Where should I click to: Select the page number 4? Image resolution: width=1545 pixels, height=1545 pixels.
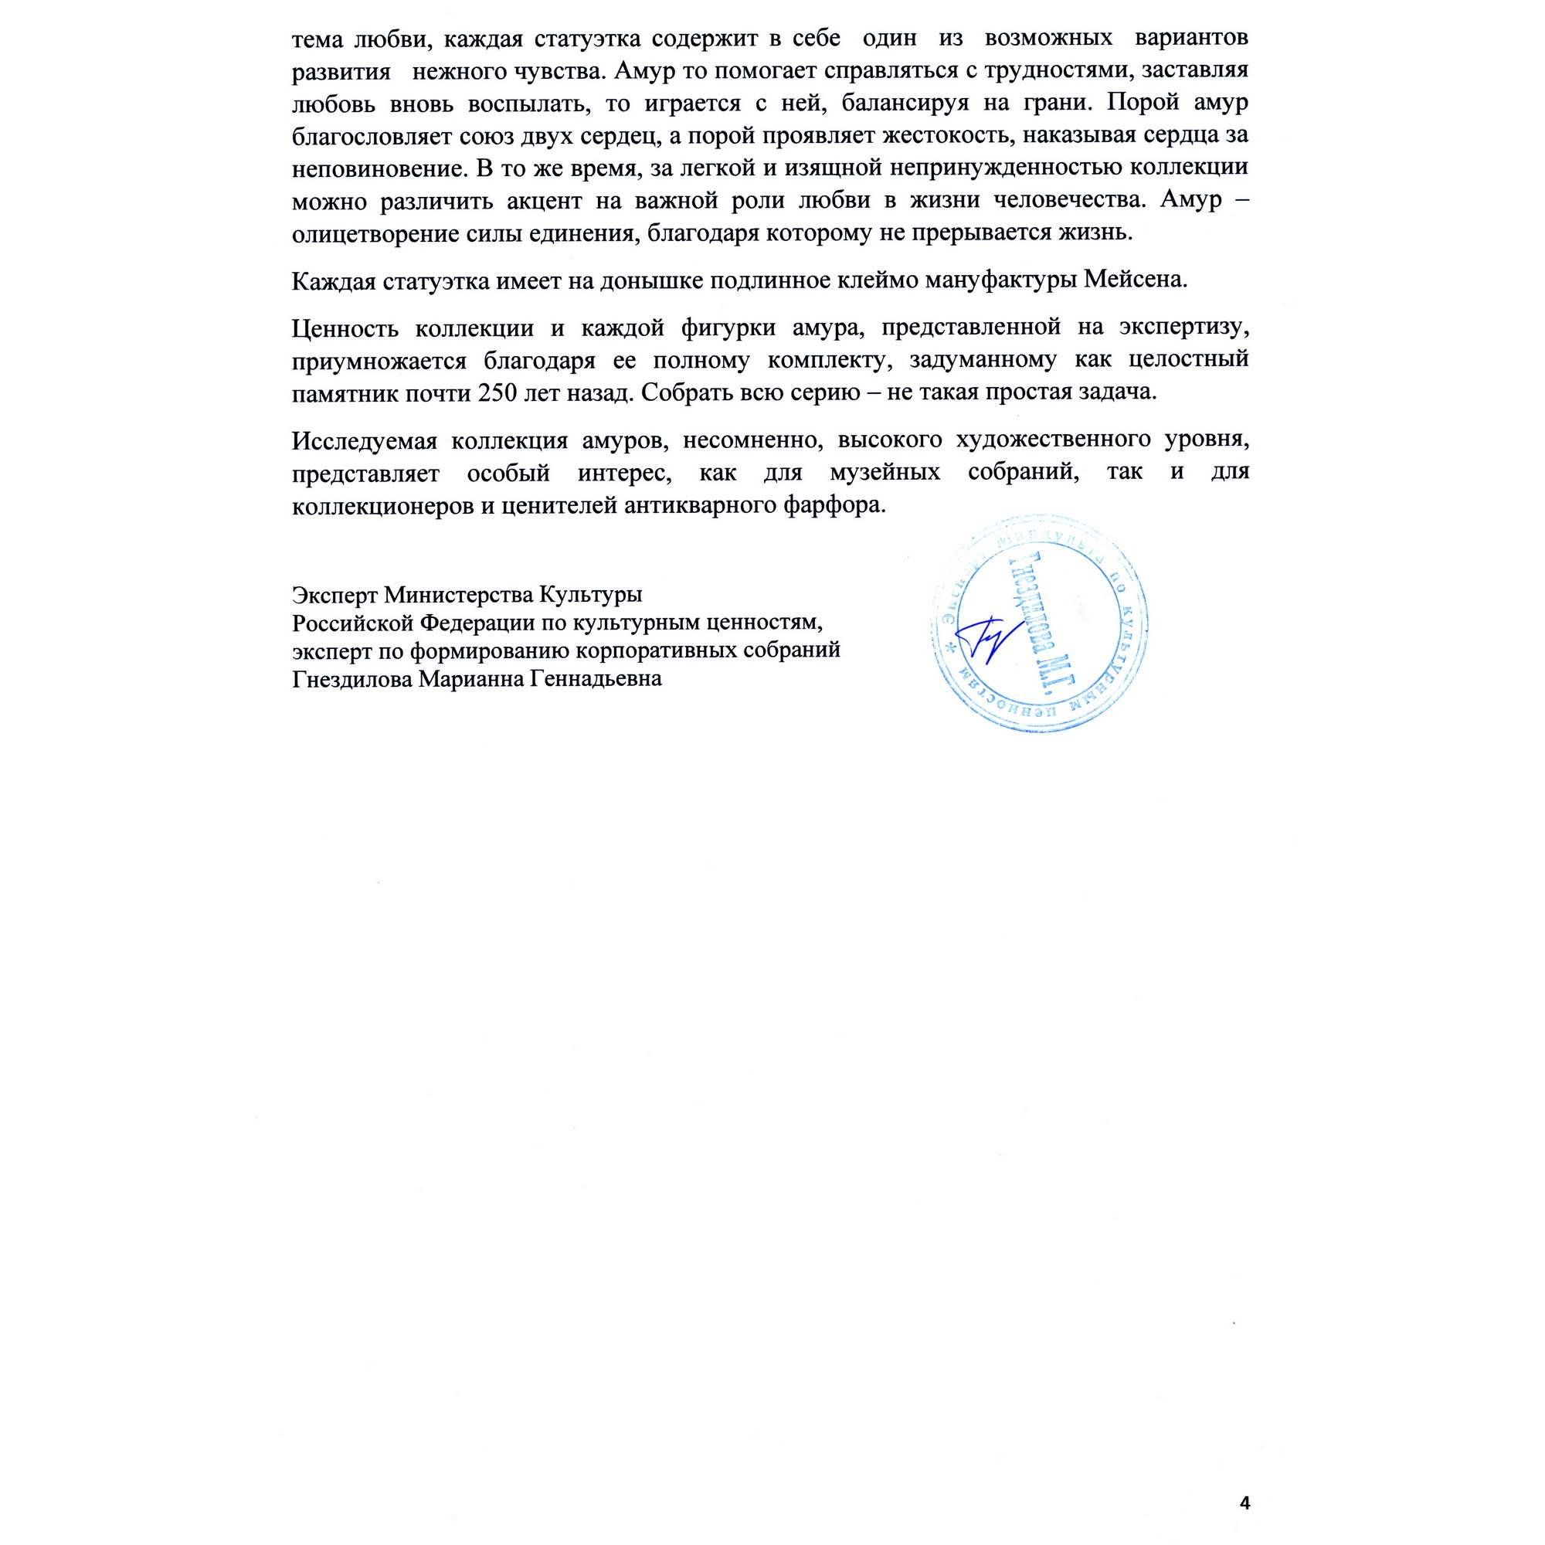point(1244,1458)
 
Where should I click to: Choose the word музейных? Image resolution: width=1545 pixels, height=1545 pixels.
point(885,473)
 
